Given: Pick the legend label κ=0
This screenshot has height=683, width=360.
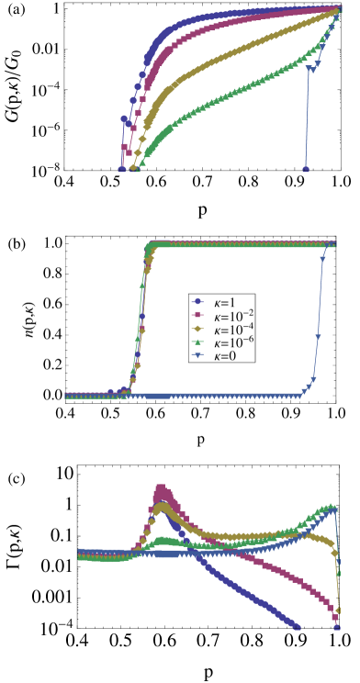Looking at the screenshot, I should point(224,355).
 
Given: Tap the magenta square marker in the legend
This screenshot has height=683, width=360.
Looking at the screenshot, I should point(197,316).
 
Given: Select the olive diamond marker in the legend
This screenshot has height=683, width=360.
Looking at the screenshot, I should point(197,329).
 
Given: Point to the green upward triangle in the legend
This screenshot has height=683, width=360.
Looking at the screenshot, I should point(197,341).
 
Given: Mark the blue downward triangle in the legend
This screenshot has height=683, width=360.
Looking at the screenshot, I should point(197,355).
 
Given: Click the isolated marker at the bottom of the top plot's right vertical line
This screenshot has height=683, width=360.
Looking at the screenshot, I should point(306,169).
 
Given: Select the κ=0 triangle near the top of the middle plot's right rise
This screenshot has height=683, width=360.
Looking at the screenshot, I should point(323,261).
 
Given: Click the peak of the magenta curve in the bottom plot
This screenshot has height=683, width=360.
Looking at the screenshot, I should point(161,487).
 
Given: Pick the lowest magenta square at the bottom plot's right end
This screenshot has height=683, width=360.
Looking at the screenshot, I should point(337,628).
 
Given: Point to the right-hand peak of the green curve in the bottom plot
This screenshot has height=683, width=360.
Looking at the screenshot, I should point(332,506).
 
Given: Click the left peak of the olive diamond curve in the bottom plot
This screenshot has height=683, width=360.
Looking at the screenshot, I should point(163,506).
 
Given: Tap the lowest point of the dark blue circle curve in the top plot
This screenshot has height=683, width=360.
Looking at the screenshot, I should point(121,169).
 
